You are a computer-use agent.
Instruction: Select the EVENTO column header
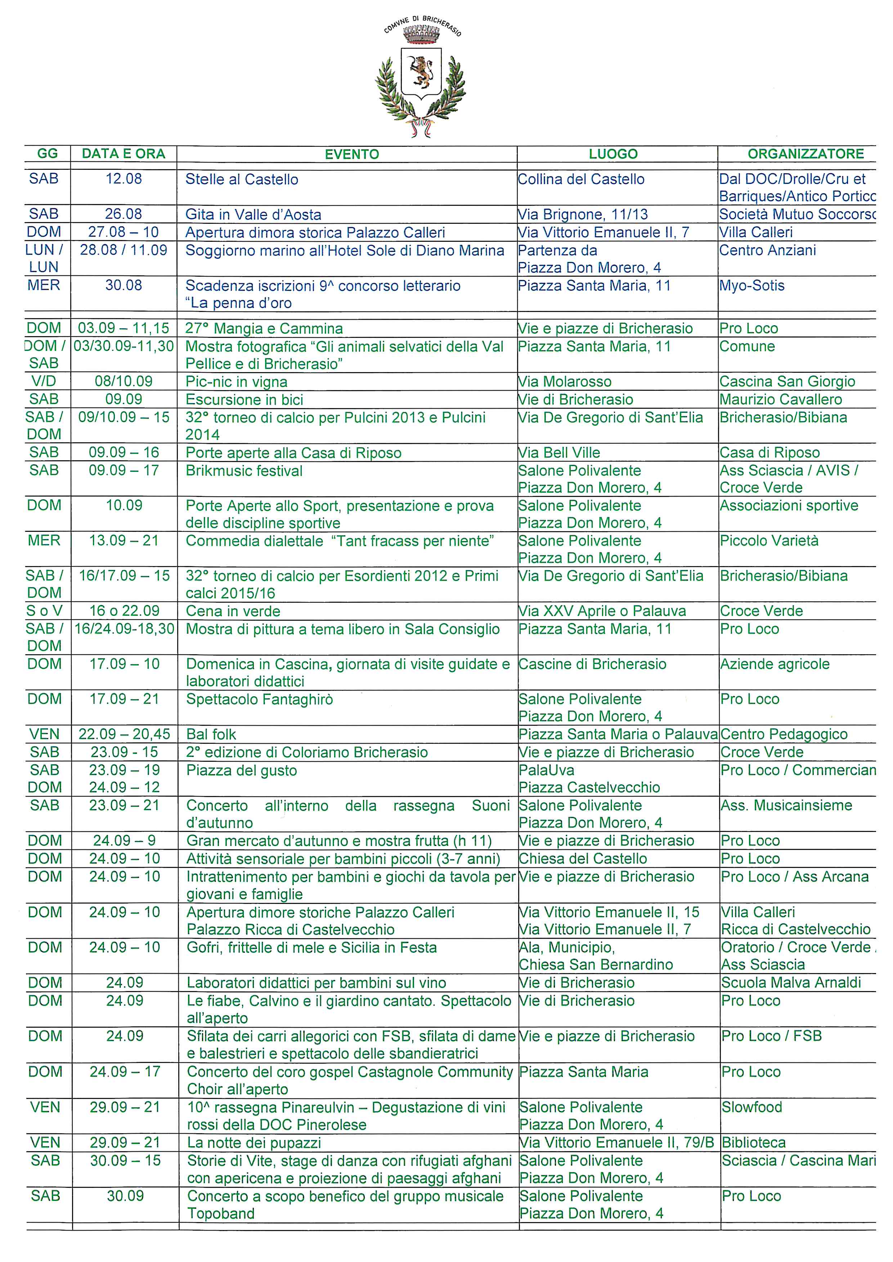351,154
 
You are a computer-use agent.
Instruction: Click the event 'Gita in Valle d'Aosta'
253,214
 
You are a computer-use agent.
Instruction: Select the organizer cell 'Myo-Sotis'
752,285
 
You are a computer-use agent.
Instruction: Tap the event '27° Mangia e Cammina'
264,329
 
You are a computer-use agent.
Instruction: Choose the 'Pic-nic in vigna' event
237,381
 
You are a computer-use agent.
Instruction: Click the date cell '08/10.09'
124,381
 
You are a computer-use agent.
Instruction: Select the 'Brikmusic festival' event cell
244,471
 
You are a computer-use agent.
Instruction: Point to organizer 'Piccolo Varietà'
769,541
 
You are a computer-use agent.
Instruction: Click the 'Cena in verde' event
233,611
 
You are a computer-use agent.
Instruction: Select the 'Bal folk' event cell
211,734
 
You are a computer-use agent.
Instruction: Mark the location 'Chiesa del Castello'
583,859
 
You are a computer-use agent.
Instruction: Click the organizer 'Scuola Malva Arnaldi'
791,983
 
